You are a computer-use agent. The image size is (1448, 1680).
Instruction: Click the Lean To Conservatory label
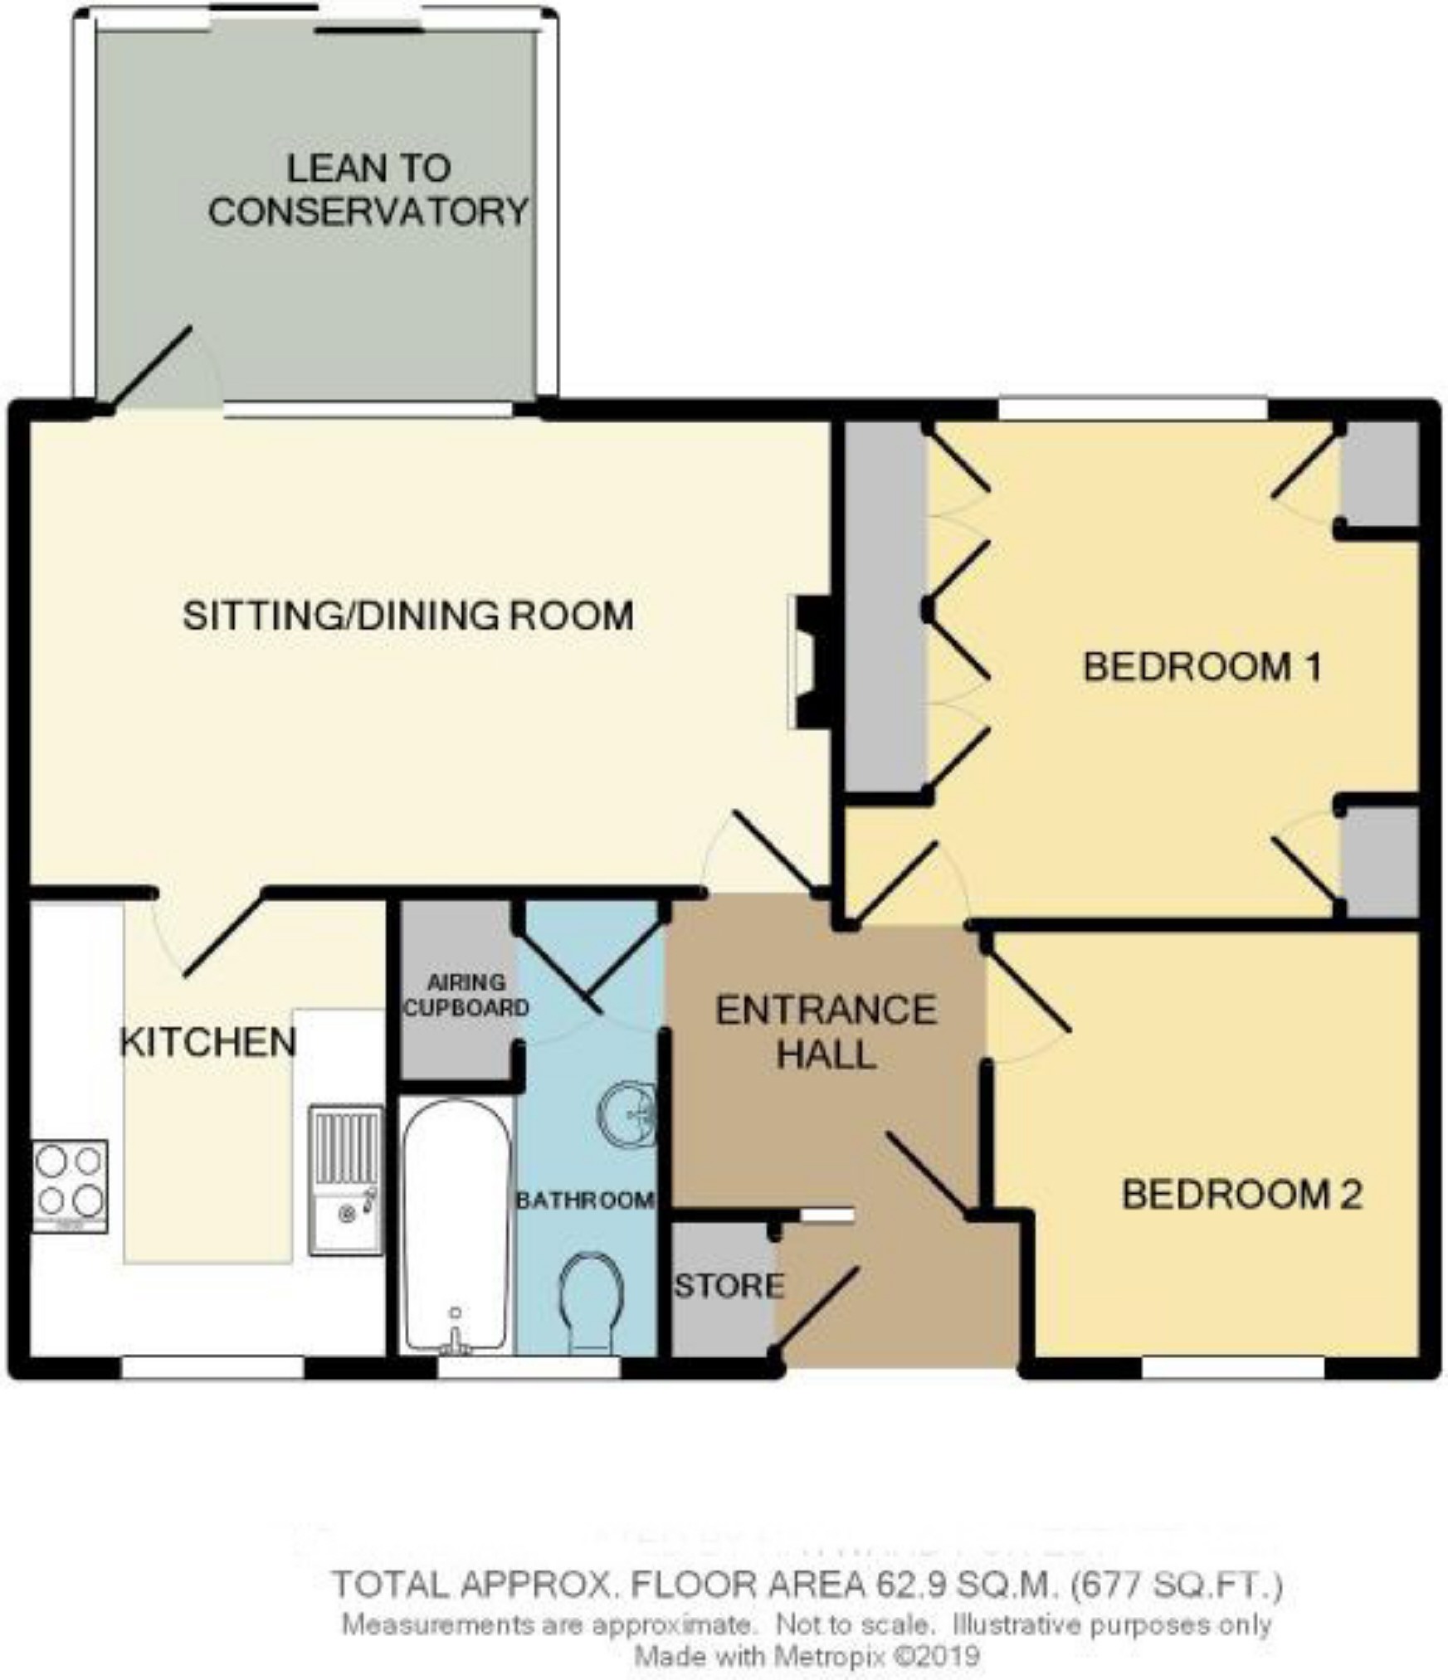[368, 190]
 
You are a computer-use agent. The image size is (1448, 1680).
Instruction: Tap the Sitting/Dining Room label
[407, 616]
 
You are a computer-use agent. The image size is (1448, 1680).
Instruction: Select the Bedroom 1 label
[1202, 667]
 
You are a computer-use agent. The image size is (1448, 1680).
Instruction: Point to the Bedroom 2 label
[1241, 1195]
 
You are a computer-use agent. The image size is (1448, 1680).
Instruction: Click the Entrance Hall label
[826, 1033]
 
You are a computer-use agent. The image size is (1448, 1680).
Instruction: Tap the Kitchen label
[207, 1043]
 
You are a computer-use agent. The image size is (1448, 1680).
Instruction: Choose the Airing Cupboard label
[466, 996]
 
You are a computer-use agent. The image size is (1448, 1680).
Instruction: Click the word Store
[729, 1285]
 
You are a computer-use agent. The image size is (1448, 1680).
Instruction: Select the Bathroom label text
[585, 1200]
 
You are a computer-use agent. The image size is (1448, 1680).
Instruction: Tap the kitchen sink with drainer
[347, 1179]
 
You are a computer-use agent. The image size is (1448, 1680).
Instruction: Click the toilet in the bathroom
[592, 1303]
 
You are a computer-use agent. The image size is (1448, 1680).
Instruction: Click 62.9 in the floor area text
[909, 1585]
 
